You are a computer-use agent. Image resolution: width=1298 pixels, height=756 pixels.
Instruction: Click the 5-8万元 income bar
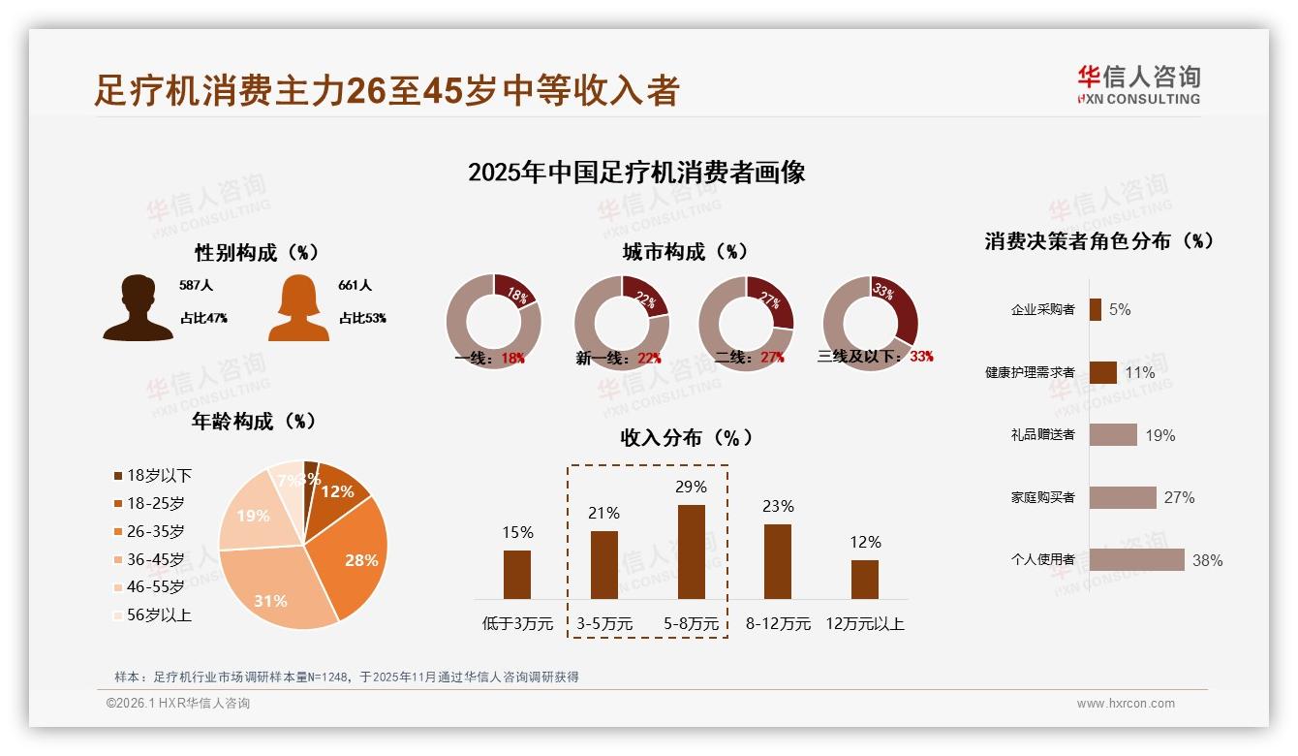pyautogui.click(x=692, y=551)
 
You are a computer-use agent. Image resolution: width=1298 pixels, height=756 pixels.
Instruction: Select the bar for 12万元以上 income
pyautogui.click(x=865, y=579)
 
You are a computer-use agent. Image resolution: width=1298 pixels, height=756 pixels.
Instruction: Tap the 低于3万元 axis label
pyautogui.click(x=517, y=624)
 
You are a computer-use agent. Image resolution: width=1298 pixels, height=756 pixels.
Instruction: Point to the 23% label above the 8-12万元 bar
pyautogui.click(x=778, y=506)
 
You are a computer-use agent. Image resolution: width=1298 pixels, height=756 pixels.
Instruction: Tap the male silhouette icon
pyautogui.click(x=139, y=308)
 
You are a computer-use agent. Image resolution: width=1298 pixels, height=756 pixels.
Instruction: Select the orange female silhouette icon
pyautogui.click(x=298, y=308)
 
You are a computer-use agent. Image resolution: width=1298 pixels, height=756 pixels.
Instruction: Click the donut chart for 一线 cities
pyautogui.click(x=493, y=322)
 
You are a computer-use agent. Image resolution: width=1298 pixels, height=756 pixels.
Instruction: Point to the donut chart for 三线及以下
pyautogui.click(x=870, y=322)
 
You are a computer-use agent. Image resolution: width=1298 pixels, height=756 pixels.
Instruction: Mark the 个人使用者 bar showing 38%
pyautogui.click(x=1136, y=559)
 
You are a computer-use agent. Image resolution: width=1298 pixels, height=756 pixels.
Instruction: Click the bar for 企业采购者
pyautogui.click(x=1095, y=309)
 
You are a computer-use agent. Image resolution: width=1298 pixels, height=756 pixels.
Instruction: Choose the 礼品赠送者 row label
pyautogui.click(x=1042, y=435)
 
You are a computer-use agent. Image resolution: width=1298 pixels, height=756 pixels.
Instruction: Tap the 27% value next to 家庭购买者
pyautogui.click(x=1179, y=497)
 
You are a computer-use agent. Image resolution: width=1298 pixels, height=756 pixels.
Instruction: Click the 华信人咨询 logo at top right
pyautogui.click(x=1139, y=84)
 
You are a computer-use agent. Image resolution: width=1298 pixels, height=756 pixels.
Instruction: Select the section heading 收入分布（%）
pyautogui.click(x=686, y=437)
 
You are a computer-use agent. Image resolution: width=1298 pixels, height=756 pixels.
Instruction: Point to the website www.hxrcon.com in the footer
pyautogui.click(x=1126, y=704)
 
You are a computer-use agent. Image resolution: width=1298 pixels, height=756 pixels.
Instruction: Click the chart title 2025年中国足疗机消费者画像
pyautogui.click(x=636, y=173)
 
